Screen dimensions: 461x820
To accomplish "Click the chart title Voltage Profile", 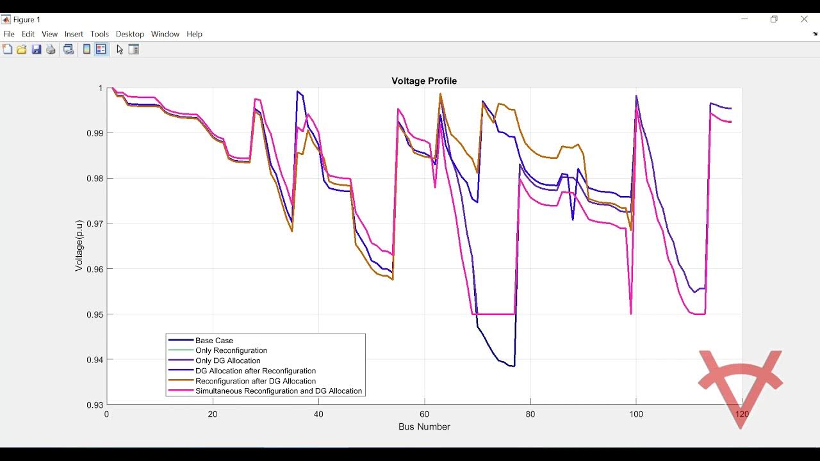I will click(424, 81).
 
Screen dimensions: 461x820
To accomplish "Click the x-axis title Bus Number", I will click(424, 426).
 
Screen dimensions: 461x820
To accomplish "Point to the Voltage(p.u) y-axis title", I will click(79, 246).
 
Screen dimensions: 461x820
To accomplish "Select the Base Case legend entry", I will click(214, 341).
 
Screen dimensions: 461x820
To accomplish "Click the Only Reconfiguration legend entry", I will click(231, 351).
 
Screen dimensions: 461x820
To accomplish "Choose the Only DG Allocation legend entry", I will click(227, 361).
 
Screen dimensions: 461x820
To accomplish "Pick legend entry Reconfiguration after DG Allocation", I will click(255, 381).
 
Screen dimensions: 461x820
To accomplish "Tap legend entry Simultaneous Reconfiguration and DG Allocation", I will click(278, 391).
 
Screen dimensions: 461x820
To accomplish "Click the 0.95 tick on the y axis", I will click(94, 314).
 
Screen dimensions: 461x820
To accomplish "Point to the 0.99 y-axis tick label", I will click(94, 133).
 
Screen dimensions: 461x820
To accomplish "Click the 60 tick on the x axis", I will click(424, 414).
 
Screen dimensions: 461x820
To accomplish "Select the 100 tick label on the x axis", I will click(635, 414).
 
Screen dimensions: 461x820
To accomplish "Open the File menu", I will click(9, 34).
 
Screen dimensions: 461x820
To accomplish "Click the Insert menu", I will click(74, 34).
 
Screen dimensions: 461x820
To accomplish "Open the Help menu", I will click(194, 34).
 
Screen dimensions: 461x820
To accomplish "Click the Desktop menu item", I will click(130, 34).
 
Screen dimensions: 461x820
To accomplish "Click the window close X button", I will click(804, 19).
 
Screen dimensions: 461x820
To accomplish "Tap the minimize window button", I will click(744, 19).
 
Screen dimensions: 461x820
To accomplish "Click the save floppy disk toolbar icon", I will click(37, 49).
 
